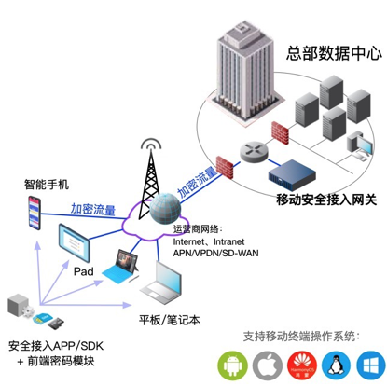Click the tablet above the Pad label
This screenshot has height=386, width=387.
(x=87, y=247)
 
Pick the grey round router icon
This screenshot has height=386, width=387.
(x=253, y=150)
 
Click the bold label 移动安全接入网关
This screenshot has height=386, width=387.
(x=326, y=199)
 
